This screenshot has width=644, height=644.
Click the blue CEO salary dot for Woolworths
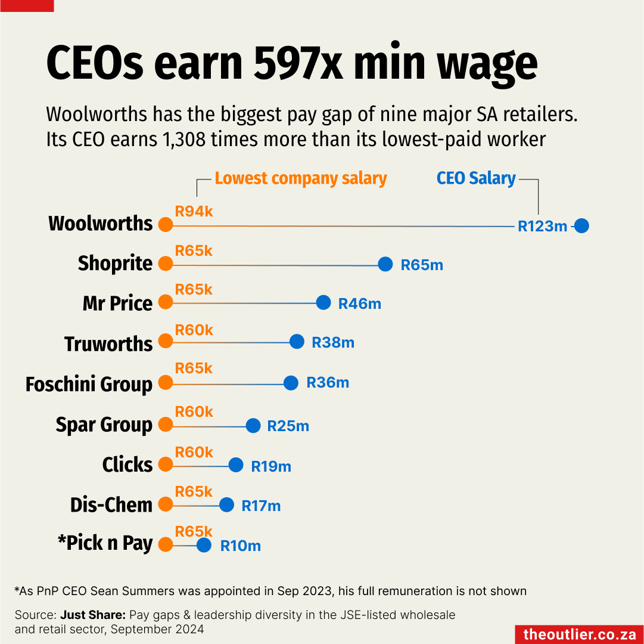(581, 226)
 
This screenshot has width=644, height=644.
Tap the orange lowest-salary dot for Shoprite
(166, 264)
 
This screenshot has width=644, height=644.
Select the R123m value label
(542, 227)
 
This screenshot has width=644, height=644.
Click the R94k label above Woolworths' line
(194, 210)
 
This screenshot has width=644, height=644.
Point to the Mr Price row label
(117, 303)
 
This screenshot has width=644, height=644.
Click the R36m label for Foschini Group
(328, 383)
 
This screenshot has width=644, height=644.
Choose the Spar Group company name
(104, 425)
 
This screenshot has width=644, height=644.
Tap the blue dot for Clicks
(236, 465)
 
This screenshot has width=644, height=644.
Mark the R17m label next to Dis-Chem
(261, 506)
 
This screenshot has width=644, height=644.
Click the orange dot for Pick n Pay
(166, 544)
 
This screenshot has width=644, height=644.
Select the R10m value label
(241, 546)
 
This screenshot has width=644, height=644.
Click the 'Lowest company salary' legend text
(301, 178)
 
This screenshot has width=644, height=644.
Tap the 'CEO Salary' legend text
(476, 178)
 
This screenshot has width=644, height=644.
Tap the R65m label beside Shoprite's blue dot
(422, 265)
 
